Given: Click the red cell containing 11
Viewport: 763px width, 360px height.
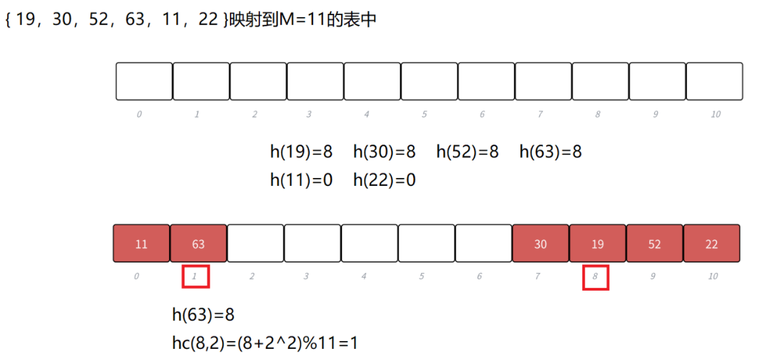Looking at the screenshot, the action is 141,244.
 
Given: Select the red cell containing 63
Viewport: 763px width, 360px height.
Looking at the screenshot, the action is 198,244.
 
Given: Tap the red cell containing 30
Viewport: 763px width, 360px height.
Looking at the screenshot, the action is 540,244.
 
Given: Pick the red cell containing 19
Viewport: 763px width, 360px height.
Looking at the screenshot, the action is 597,244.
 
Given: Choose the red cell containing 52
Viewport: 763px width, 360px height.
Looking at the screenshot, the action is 654,244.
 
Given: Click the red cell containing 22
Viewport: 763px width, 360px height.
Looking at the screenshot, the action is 711,244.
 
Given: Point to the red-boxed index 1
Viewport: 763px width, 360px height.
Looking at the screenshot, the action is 195,276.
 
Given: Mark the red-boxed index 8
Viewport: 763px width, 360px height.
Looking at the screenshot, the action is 595,277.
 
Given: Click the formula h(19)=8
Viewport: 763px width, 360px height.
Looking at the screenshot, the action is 301,153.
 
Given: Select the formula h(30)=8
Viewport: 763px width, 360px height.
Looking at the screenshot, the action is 384,153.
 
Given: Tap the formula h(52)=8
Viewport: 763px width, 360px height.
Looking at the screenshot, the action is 468,153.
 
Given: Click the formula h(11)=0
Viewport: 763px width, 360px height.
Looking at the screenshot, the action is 301,179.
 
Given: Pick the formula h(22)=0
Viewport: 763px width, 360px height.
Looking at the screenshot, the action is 384,179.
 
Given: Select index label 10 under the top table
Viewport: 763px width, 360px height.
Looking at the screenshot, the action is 715,115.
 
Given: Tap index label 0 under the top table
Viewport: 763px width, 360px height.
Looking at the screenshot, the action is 139,115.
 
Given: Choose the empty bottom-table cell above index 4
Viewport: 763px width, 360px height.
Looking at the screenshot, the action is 369,244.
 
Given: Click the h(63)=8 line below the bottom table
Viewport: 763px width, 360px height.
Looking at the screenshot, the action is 203,315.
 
